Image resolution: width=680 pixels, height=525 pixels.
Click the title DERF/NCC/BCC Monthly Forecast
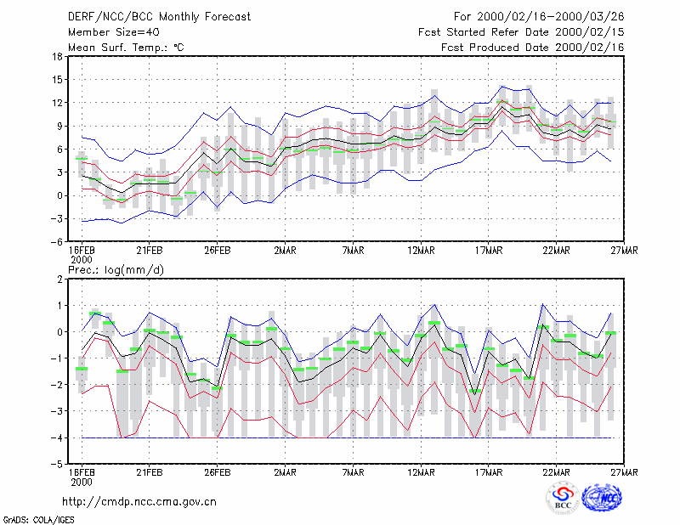click(x=159, y=17)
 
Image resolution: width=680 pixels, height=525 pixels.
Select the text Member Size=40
click(x=114, y=32)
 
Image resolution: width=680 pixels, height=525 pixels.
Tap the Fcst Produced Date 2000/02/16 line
click(x=532, y=48)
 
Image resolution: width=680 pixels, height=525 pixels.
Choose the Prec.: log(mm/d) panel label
click(x=116, y=270)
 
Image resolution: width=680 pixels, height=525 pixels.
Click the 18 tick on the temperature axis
click(x=57, y=56)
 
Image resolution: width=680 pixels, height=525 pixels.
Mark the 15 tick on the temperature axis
click(x=57, y=80)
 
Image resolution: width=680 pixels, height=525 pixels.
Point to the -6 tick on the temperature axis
click(x=56, y=242)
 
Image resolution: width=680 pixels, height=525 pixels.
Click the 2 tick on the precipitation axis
click(x=59, y=279)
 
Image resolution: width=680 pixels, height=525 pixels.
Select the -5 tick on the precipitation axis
click(x=56, y=465)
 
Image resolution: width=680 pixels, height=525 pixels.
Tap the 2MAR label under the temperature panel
click(x=285, y=251)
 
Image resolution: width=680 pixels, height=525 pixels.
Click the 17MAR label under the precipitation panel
click(x=488, y=472)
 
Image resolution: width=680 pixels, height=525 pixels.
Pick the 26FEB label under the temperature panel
click(x=218, y=251)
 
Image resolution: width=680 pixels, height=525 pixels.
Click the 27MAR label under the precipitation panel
click(x=624, y=472)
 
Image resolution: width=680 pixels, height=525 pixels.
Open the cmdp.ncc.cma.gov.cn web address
click(x=139, y=502)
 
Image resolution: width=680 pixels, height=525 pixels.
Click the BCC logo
click(x=563, y=498)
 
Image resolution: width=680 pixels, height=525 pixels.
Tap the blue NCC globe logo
click(x=602, y=498)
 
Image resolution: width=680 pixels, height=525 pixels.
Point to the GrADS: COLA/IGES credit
click(x=38, y=520)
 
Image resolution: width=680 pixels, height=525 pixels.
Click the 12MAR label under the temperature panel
click(x=421, y=251)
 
